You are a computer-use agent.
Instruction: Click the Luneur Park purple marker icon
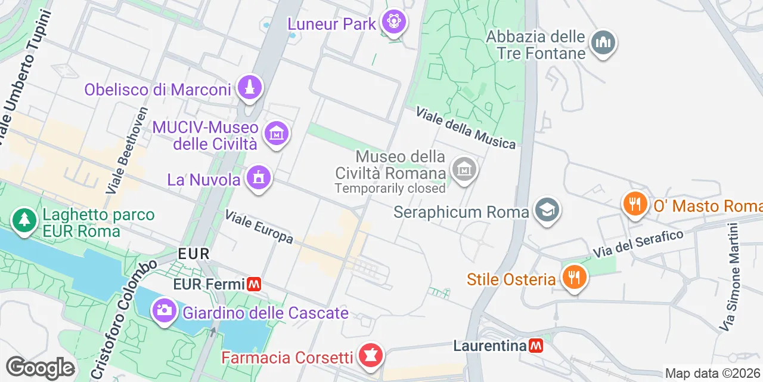click(393, 23)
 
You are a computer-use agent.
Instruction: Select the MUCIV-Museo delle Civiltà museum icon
click(277, 133)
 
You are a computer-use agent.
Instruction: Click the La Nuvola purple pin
click(259, 177)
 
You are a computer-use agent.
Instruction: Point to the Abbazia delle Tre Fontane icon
click(603, 42)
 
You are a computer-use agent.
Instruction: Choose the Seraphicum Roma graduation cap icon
click(547, 210)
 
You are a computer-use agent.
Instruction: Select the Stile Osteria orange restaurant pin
click(574, 278)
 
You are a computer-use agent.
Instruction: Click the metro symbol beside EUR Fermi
click(255, 284)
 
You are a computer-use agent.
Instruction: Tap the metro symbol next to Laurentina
click(536, 346)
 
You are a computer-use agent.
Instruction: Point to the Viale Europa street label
click(259, 227)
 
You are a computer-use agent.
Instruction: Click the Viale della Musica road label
click(466, 128)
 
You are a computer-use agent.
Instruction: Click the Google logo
click(40, 368)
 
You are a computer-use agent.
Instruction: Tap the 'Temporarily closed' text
click(390, 188)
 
